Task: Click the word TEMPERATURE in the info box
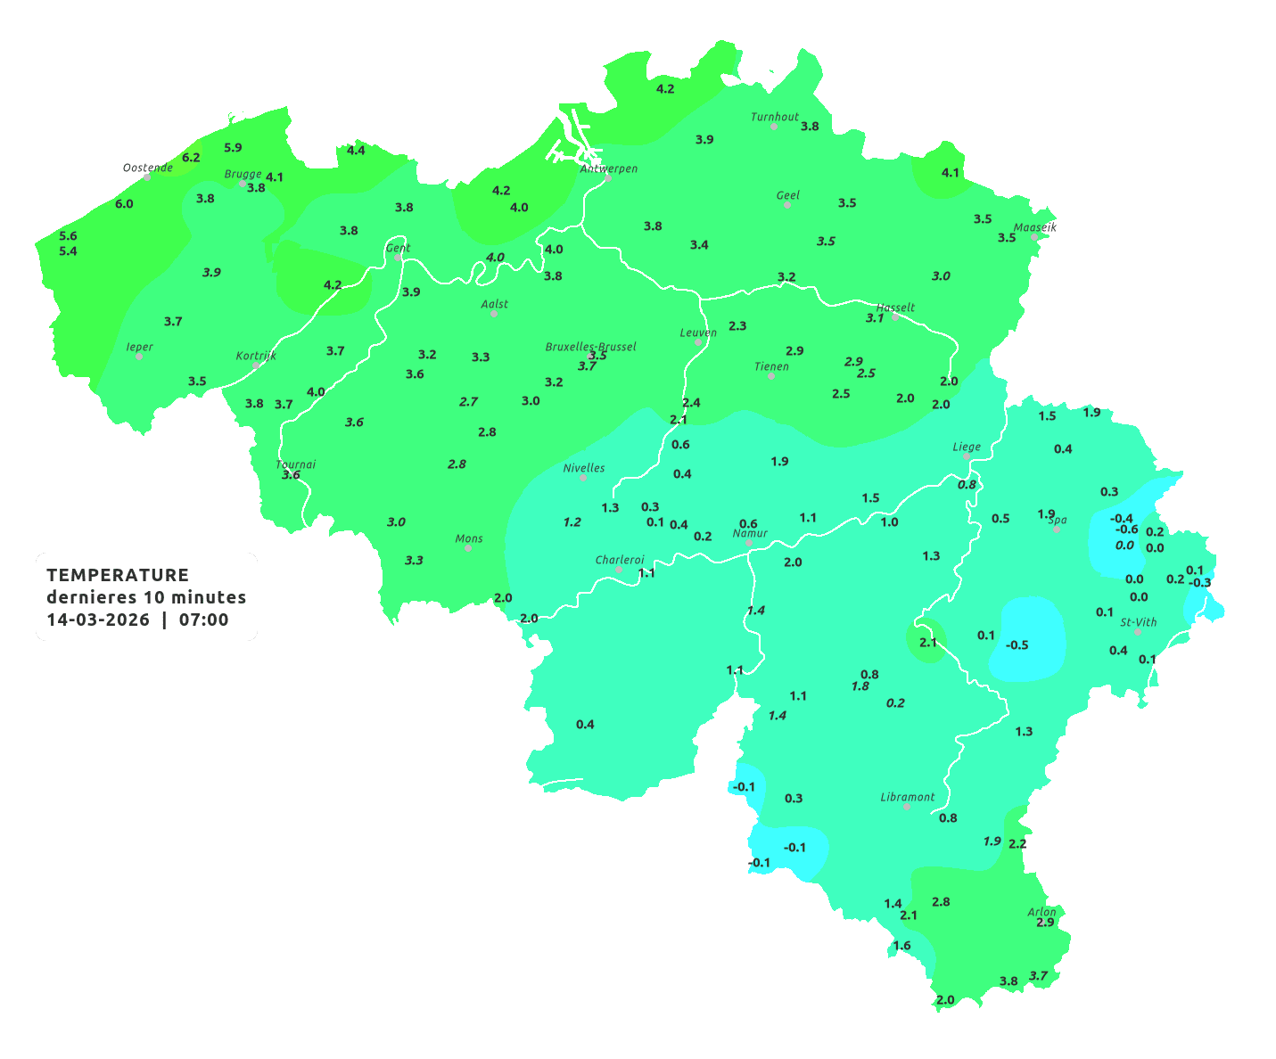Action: pyautogui.click(x=117, y=575)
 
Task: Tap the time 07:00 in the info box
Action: pyautogui.click(x=203, y=620)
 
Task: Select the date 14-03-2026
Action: pyautogui.click(x=98, y=620)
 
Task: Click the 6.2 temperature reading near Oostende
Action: pyautogui.click(x=191, y=158)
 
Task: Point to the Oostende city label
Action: pyautogui.click(x=147, y=168)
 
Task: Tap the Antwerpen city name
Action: pyautogui.click(x=609, y=168)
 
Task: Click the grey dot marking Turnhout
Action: pyautogui.click(x=774, y=127)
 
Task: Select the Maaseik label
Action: pyautogui.click(x=1034, y=227)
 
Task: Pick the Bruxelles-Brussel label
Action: pyautogui.click(x=590, y=346)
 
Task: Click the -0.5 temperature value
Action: pyautogui.click(x=1017, y=644)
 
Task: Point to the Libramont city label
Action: pyautogui.click(x=907, y=797)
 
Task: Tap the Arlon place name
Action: pyautogui.click(x=1041, y=912)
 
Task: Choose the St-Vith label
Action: pyautogui.click(x=1138, y=622)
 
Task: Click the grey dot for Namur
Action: pyautogui.click(x=749, y=543)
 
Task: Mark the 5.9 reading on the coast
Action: pyautogui.click(x=233, y=147)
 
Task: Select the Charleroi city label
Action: pyautogui.click(x=619, y=560)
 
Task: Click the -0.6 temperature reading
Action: pyautogui.click(x=1127, y=529)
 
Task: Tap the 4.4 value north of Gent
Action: pyautogui.click(x=356, y=150)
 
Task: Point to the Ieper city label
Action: pyautogui.click(x=139, y=347)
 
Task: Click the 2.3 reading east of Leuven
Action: pyautogui.click(x=737, y=326)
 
